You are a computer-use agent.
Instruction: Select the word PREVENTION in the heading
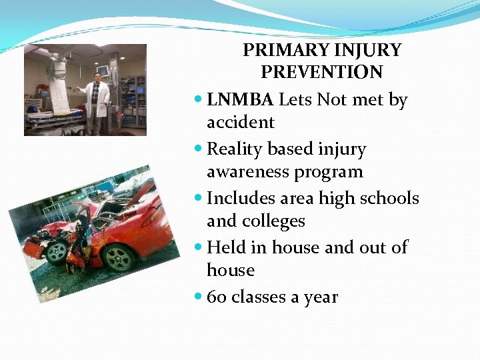321,72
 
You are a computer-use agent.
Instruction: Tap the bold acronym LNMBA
240,100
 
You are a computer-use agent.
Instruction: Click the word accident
240,123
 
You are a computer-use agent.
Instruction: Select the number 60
216,297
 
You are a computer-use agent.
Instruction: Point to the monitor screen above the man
103,70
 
